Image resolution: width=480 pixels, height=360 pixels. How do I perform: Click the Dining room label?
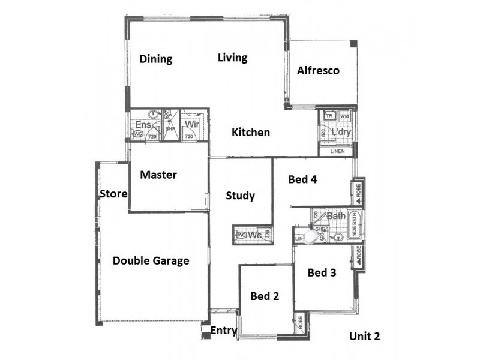(156, 59)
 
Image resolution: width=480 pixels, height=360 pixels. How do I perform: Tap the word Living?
(232, 58)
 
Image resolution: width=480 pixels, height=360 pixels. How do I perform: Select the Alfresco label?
(318, 71)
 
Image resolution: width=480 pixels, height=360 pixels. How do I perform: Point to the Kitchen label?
(251, 132)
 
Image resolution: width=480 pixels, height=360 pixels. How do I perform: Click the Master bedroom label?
(158, 175)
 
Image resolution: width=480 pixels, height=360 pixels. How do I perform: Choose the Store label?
(113, 194)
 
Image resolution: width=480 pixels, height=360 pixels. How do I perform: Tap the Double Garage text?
(151, 261)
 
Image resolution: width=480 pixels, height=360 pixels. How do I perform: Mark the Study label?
(241, 196)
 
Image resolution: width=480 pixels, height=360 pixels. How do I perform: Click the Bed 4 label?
(302, 179)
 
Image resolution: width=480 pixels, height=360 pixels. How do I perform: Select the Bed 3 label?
(322, 272)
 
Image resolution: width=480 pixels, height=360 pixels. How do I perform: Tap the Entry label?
(223, 331)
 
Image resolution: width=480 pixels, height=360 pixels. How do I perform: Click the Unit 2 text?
(365, 337)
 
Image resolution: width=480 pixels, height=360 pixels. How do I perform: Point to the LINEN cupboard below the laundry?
(337, 151)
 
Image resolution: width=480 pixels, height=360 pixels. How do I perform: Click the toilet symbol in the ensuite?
(138, 134)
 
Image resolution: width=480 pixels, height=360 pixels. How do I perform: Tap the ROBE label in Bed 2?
(299, 323)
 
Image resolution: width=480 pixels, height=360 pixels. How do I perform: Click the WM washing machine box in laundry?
(344, 115)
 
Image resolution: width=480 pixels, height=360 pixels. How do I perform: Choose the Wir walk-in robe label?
(191, 124)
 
